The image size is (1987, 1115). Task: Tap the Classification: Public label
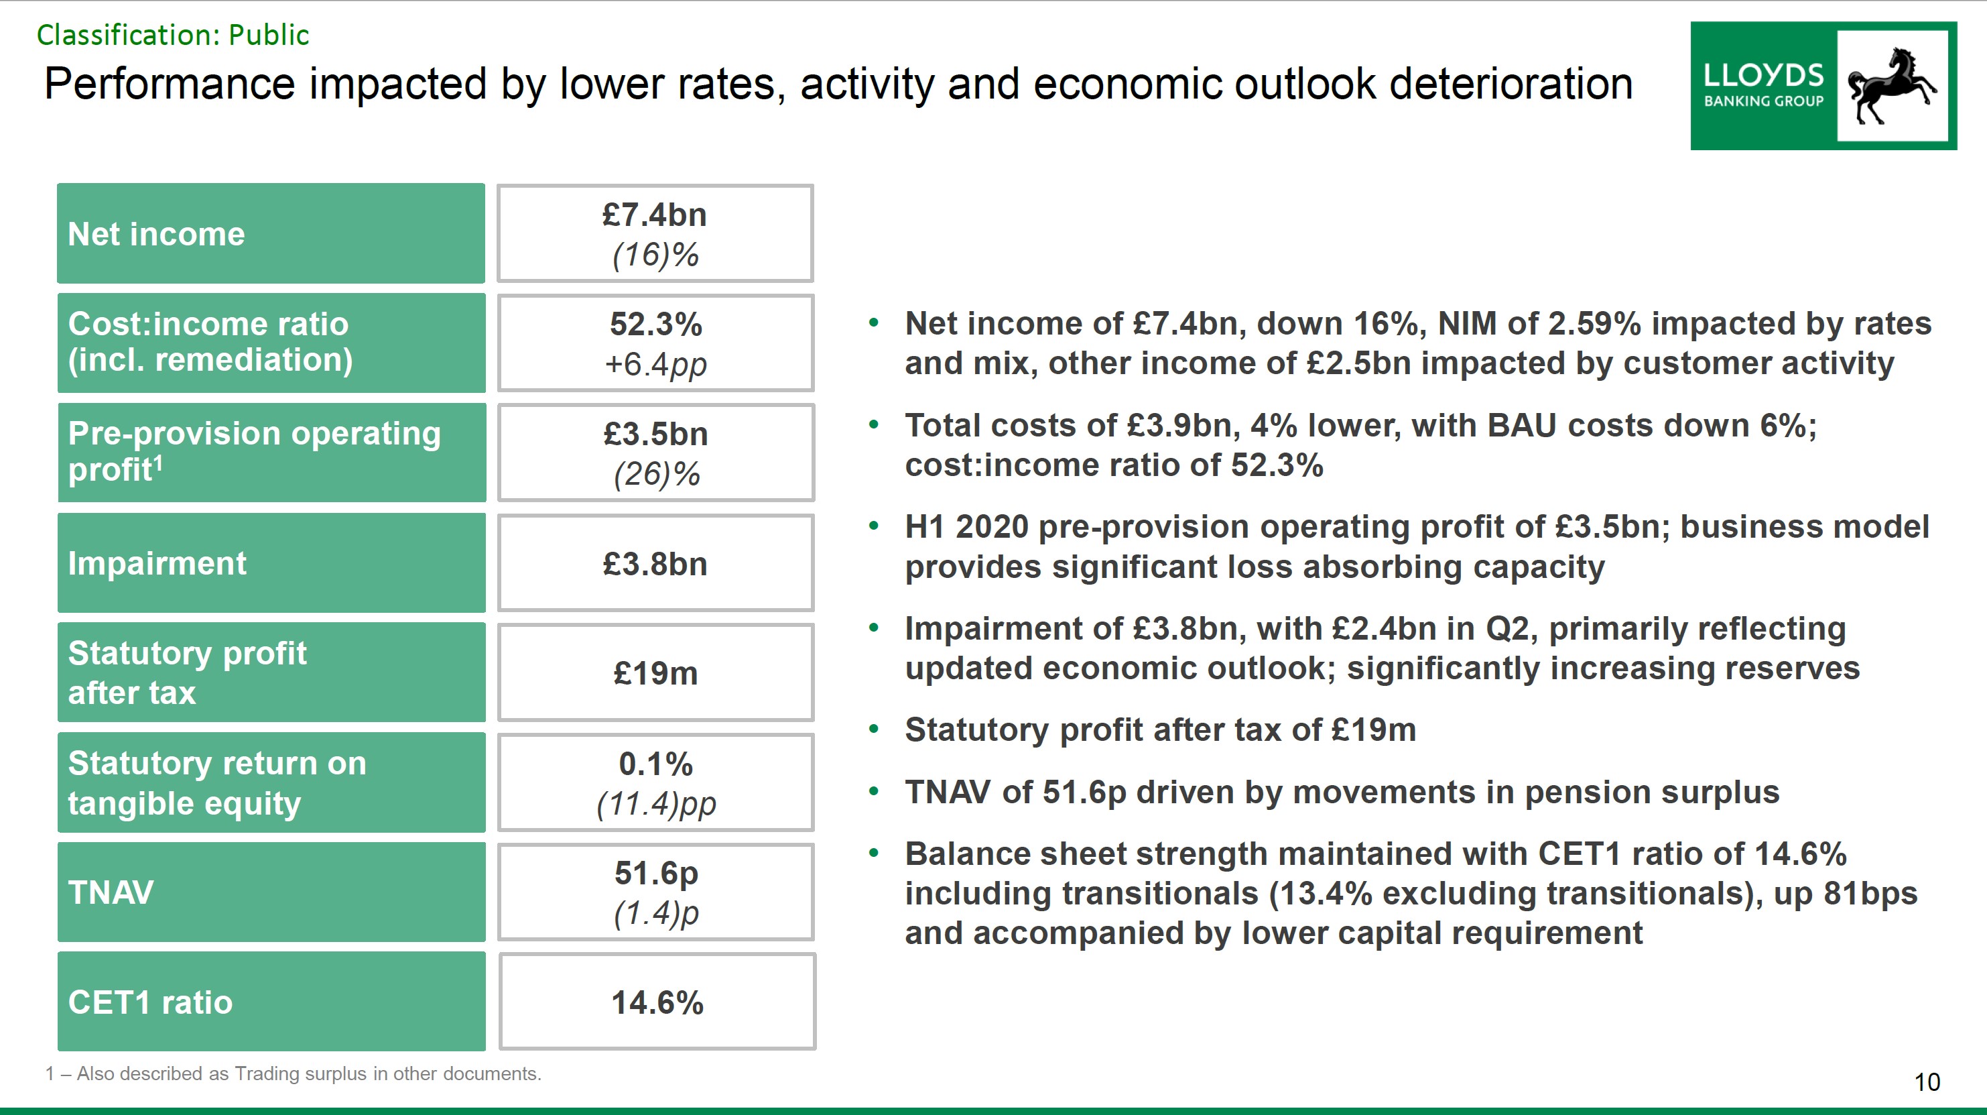click(173, 36)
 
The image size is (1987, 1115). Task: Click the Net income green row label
click(271, 234)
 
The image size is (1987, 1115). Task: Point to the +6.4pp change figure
click(655, 364)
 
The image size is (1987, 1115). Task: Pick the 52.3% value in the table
click(655, 324)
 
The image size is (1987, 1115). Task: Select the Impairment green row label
click(271, 563)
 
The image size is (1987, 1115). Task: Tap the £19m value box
click(655, 673)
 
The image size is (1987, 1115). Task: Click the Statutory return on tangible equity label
click(271, 782)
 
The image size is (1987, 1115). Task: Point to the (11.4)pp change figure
click(655, 804)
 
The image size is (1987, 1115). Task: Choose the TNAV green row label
click(271, 892)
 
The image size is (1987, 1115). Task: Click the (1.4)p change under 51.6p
click(655, 914)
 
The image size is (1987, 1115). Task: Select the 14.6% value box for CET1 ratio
click(657, 1002)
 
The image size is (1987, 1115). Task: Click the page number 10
click(1927, 1082)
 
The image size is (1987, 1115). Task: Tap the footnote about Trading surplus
click(293, 1073)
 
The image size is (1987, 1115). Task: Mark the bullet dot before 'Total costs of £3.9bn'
click(873, 424)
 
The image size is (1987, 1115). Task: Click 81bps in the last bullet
click(1870, 894)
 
